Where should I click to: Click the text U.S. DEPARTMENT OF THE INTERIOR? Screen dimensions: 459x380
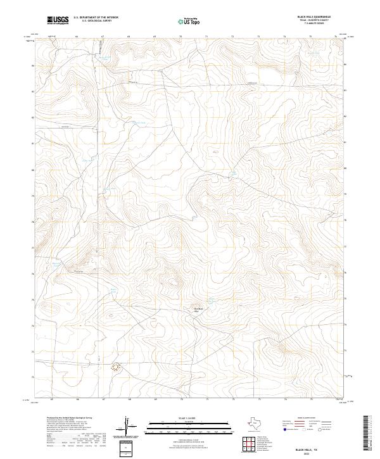pos(96,18)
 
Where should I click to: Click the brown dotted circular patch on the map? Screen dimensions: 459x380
pos(116,366)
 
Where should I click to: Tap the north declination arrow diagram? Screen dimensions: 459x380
pos(127,424)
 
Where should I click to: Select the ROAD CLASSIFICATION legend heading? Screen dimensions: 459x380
pos(307,418)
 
